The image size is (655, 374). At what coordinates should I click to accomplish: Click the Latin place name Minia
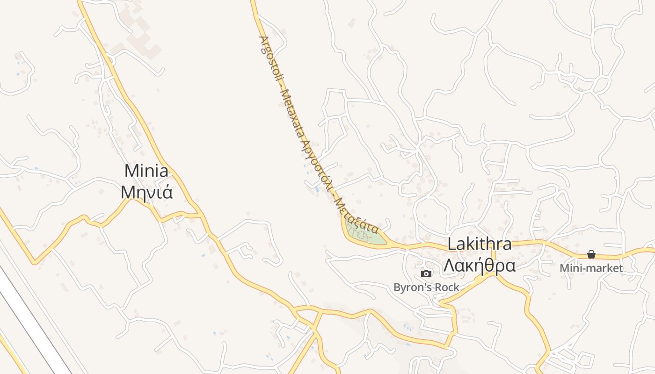pyautogui.click(x=146, y=171)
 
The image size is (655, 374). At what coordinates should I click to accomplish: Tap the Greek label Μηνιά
pyautogui.click(x=147, y=192)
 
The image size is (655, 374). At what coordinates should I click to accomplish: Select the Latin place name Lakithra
pyautogui.click(x=480, y=244)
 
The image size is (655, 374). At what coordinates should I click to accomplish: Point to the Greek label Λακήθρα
pyautogui.click(x=480, y=266)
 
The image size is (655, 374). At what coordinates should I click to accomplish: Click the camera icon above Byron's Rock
pyautogui.click(x=426, y=274)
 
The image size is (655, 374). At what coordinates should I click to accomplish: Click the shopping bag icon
pyautogui.click(x=591, y=254)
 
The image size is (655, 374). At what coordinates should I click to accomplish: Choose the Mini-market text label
pyautogui.click(x=591, y=268)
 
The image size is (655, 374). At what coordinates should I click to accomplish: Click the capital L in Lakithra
pyautogui.click(x=451, y=244)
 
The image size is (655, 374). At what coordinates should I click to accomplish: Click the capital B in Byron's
pyautogui.click(x=397, y=288)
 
